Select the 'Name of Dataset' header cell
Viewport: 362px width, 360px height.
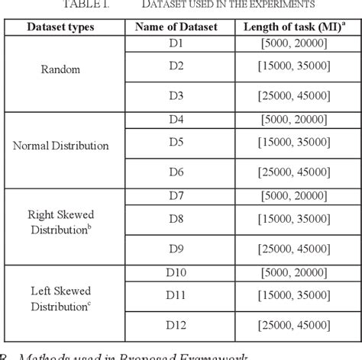coord(176,27)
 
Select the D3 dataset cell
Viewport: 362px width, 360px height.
coord(176,94)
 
